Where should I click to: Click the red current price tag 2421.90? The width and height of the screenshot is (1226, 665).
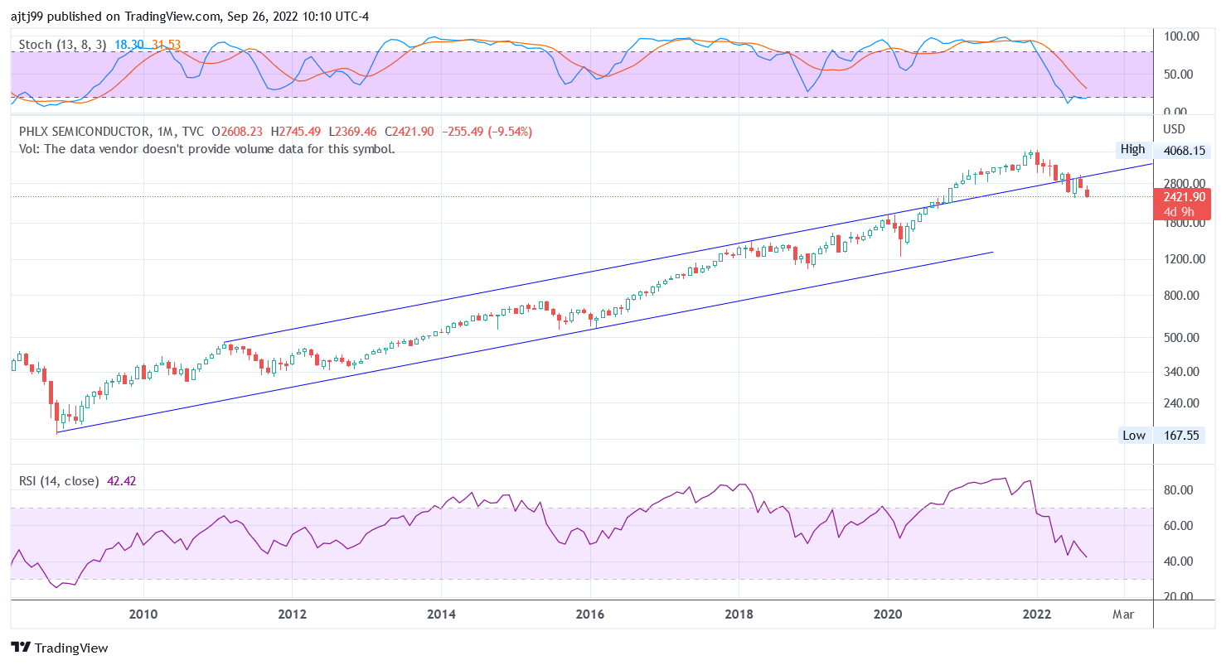tap(1182, 197)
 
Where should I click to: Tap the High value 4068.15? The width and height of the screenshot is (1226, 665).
tap(1183, 150)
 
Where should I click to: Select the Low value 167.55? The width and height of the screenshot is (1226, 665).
tap(1183, 436)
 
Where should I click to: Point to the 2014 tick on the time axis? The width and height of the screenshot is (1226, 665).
tap(442, 615)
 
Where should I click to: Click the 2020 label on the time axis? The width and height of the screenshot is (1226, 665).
tap(888, 615)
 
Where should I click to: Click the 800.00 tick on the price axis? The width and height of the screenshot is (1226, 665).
tap(1183, 296)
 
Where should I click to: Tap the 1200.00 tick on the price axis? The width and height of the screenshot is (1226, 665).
tap(1183, 259)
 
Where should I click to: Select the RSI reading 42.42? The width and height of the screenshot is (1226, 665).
tap(122, 481)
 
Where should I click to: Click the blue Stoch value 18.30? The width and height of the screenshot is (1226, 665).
tap(129, 45)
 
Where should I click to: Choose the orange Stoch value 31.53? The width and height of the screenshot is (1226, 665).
tap(166, 45)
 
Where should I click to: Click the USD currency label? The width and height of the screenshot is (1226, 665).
tap(1175, 129)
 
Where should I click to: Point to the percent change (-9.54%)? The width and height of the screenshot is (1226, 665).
tap(502, 132)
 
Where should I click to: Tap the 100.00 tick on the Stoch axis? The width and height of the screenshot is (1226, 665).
tap(1183, 37)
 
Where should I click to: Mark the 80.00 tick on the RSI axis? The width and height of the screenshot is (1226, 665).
tap(1180, 490)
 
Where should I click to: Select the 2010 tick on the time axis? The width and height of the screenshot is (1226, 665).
tap(143, 615)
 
